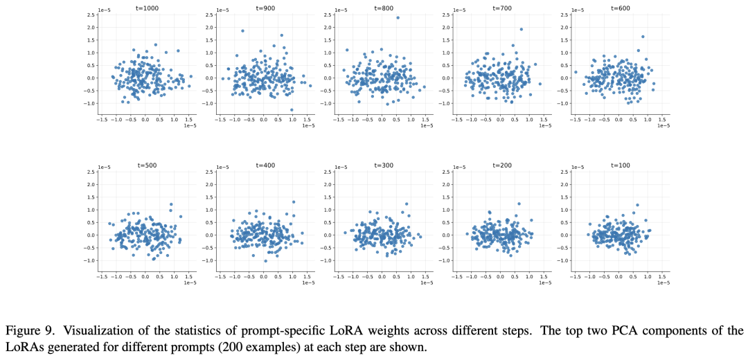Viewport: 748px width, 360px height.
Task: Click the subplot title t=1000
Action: (x=144, y=8)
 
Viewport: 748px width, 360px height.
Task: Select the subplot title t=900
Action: (x=263, y=8)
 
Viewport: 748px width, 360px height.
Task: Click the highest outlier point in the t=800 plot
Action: (x=398, y=18)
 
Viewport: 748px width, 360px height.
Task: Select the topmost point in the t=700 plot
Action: (x=522, y=30)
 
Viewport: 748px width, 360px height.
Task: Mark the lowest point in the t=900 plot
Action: (x=292, y=109)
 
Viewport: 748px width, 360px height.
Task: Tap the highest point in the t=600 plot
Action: (x=643, y=37)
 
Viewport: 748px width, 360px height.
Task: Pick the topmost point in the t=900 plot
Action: (x=242, y=31)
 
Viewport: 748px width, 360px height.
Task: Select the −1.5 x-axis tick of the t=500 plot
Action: (x=102, y=275)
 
